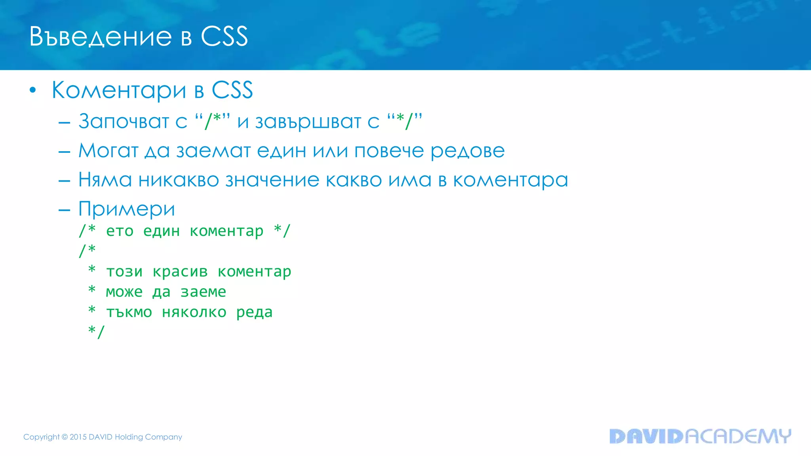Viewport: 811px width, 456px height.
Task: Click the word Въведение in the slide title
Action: (101, 37)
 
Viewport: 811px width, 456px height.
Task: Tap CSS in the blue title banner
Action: (224, 37)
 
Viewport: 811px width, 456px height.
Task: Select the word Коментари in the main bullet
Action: (119, 90)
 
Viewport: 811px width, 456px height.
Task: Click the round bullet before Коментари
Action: (33, 91)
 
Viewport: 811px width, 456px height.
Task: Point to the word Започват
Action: (124, 121)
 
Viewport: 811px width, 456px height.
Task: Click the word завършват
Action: (308, 122)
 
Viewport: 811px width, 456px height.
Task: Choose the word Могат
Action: (109, 151)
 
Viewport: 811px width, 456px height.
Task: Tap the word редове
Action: (467, 151)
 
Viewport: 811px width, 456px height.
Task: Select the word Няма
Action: (105, 180)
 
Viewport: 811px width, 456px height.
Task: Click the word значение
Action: (272, 180)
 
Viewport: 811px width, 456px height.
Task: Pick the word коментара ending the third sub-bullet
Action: (510, 180)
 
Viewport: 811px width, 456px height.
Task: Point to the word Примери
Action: (127, 209)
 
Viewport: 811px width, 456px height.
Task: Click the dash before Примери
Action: (64, 210)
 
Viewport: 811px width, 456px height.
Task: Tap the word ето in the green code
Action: (120, 231)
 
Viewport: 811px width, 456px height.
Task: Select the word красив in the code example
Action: (180, 272)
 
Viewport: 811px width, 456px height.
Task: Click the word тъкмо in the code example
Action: (129, 312)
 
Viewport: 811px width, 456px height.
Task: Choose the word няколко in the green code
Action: (194, 312)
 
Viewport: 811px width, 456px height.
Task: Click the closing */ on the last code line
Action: (96, 331)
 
